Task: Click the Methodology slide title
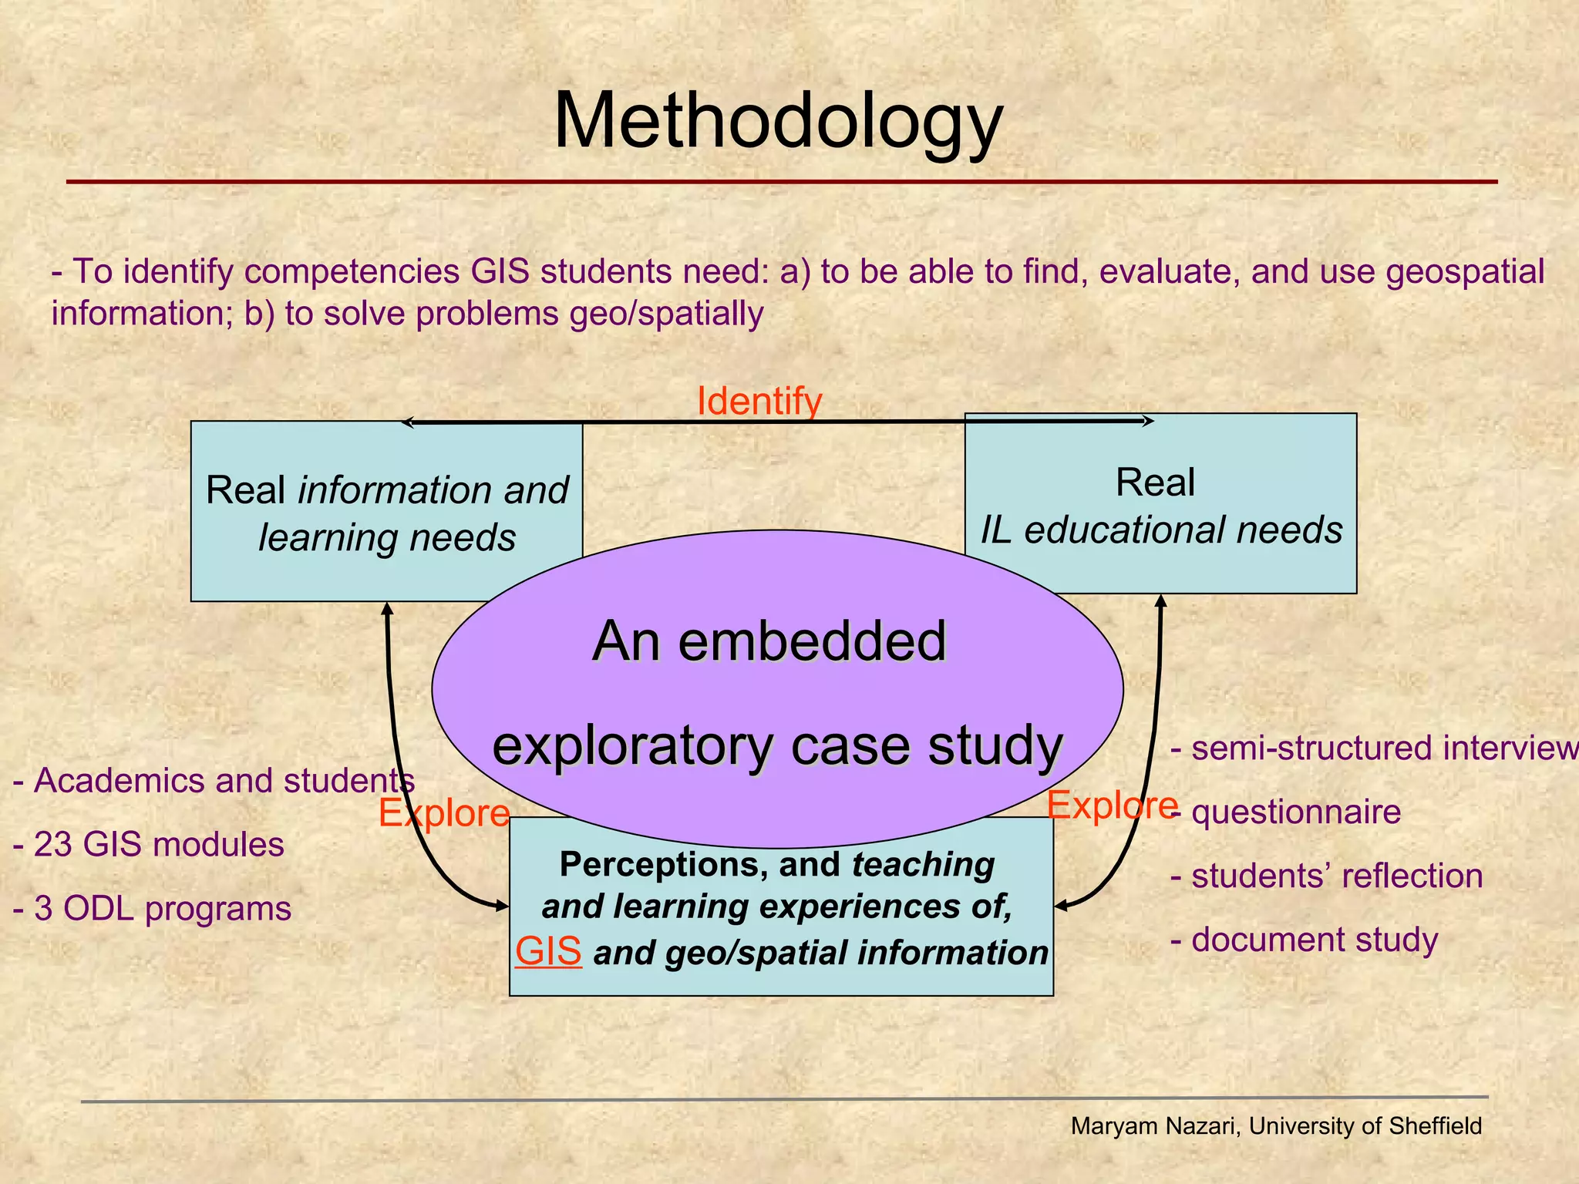coord(778,122)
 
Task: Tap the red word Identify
coord(759,402)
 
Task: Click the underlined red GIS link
coord(548,951)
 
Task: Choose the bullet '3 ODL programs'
coord(153,909)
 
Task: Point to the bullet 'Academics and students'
coord(214,781)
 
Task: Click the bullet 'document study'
coord(1305,940)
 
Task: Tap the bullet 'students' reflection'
coord(1327,876)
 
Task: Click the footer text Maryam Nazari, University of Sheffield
coord(1276,1126)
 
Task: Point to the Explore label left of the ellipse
coord(444,813)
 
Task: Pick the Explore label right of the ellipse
coord(1112,806)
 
